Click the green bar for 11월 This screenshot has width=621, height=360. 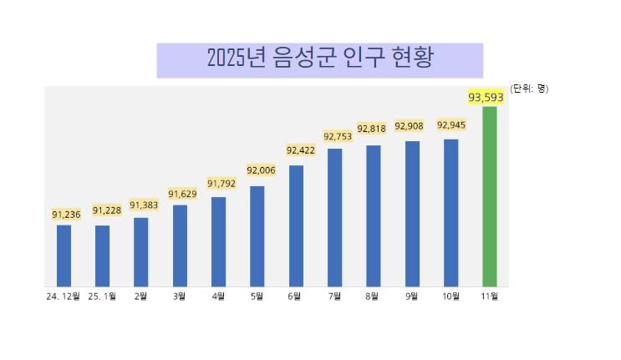(x=490, y=196)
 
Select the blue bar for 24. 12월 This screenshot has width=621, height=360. (x=64, y=256)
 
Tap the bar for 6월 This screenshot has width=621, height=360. (x=296, y=226)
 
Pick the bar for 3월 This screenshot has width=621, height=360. (x=180, y=246)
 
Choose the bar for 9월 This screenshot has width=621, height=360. (x=412, y=214)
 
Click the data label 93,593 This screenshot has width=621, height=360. (x=486, y=98)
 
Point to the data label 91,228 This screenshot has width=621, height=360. (x=107, y=210)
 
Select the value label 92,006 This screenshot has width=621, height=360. (x=261, y=170)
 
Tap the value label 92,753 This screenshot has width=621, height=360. (x=338, y=136)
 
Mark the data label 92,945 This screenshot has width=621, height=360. (x=451, y=125)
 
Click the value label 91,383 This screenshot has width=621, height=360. (x=144, y=205)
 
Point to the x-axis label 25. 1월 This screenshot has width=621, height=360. (x=102, y=296)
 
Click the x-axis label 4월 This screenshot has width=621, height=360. (x=218, y=296)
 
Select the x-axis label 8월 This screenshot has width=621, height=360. (x=373, y=296)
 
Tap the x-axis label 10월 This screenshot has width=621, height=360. (x=450, y=296)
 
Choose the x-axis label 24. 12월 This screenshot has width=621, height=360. (x=64, y=296)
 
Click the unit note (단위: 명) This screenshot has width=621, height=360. (x=529, y=88)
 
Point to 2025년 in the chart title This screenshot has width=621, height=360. (x=237, y=58)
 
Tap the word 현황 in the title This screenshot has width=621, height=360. (x=413, y=58)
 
